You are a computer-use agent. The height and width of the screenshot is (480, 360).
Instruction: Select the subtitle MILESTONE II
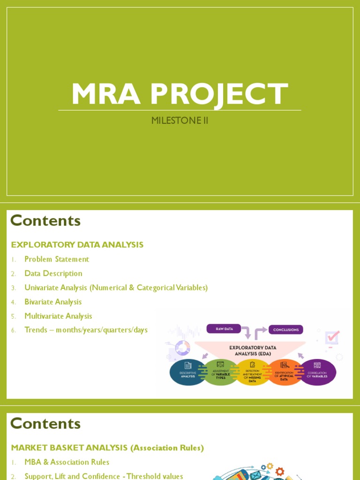(x=180, y=120)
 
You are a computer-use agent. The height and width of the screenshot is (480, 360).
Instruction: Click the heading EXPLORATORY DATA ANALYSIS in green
(x=77, y=245)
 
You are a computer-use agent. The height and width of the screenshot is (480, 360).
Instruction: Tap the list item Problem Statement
(x=57, y=259)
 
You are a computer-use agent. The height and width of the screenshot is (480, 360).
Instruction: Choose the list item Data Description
(x=53, y=273)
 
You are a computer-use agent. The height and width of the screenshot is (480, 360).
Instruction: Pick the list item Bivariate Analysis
(x=53, y=302)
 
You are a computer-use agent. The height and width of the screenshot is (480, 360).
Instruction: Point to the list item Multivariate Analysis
(x=58, y=316)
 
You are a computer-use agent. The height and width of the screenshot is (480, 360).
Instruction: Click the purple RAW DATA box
(x=224, y=329)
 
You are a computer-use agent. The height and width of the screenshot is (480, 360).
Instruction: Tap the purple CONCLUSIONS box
(x=286, y=330)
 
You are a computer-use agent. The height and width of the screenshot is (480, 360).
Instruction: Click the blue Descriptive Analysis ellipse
(x=187, y=373)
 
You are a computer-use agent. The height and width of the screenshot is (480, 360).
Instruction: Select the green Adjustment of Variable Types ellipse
(x=220, y=373)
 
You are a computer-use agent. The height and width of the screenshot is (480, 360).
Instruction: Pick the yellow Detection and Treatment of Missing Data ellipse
(x=253, y=373)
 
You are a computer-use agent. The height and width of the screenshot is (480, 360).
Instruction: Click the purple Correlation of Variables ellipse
(x=317, y=373)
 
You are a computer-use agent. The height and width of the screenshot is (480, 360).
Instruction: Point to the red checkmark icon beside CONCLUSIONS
(x=332, y=337)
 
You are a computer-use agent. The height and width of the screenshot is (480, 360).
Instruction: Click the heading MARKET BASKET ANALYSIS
(x=107, y=448)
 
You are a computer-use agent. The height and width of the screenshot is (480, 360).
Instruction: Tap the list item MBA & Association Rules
(x=67, y=462)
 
